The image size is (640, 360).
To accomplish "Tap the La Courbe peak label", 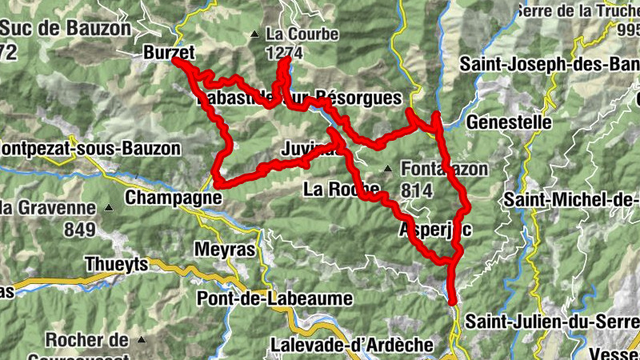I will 302,34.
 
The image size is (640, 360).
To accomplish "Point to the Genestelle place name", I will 509,122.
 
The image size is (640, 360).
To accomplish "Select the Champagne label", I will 174,197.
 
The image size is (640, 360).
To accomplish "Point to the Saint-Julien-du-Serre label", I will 552,322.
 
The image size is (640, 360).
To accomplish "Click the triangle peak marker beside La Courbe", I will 254,34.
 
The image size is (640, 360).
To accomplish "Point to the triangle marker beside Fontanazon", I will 387,169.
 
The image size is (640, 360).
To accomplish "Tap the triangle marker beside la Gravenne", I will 110,208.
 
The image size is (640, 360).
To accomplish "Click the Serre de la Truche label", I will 578,10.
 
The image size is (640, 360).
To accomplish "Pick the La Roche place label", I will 342,190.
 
